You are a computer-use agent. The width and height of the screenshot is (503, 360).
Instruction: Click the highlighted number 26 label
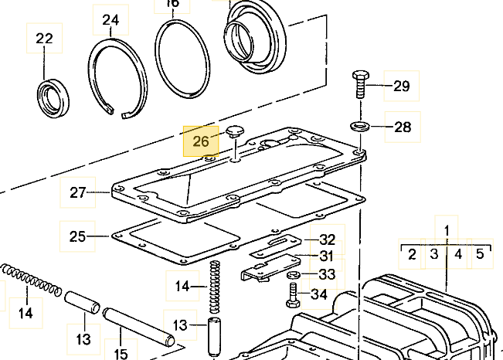201,141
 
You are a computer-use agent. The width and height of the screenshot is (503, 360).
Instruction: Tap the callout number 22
45,39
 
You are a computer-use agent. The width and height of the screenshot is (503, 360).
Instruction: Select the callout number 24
110,20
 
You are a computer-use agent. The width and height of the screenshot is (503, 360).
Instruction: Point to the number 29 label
402,86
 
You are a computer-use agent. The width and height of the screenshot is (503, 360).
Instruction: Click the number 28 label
403,127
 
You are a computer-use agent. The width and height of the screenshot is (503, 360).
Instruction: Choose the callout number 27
78,192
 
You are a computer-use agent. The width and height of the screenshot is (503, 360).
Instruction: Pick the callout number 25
78,236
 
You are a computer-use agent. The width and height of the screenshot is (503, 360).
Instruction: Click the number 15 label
121,355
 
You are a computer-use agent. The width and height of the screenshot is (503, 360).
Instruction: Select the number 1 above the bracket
447,229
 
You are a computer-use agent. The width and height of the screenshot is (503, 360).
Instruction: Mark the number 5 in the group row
479,253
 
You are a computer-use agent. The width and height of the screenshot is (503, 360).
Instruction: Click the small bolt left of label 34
294,294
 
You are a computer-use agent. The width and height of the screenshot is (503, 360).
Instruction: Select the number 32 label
328,239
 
